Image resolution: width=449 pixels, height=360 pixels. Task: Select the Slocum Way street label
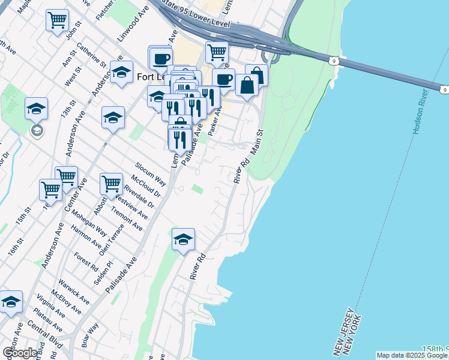pyautogui.click(x=151, y=173)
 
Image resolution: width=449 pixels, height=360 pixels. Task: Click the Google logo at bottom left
pyautogui.click(x=20, y=352)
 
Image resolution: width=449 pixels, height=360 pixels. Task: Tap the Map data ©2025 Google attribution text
pyautogui.click(x=411, y=355)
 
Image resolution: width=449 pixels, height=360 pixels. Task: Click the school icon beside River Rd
pyautogui.click(x=183, y=240)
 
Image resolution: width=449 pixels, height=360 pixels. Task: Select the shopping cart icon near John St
pyautogui.click(x=57, y=20)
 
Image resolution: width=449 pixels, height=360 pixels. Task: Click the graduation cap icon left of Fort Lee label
pyautogui.click(x=122, y=72)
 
